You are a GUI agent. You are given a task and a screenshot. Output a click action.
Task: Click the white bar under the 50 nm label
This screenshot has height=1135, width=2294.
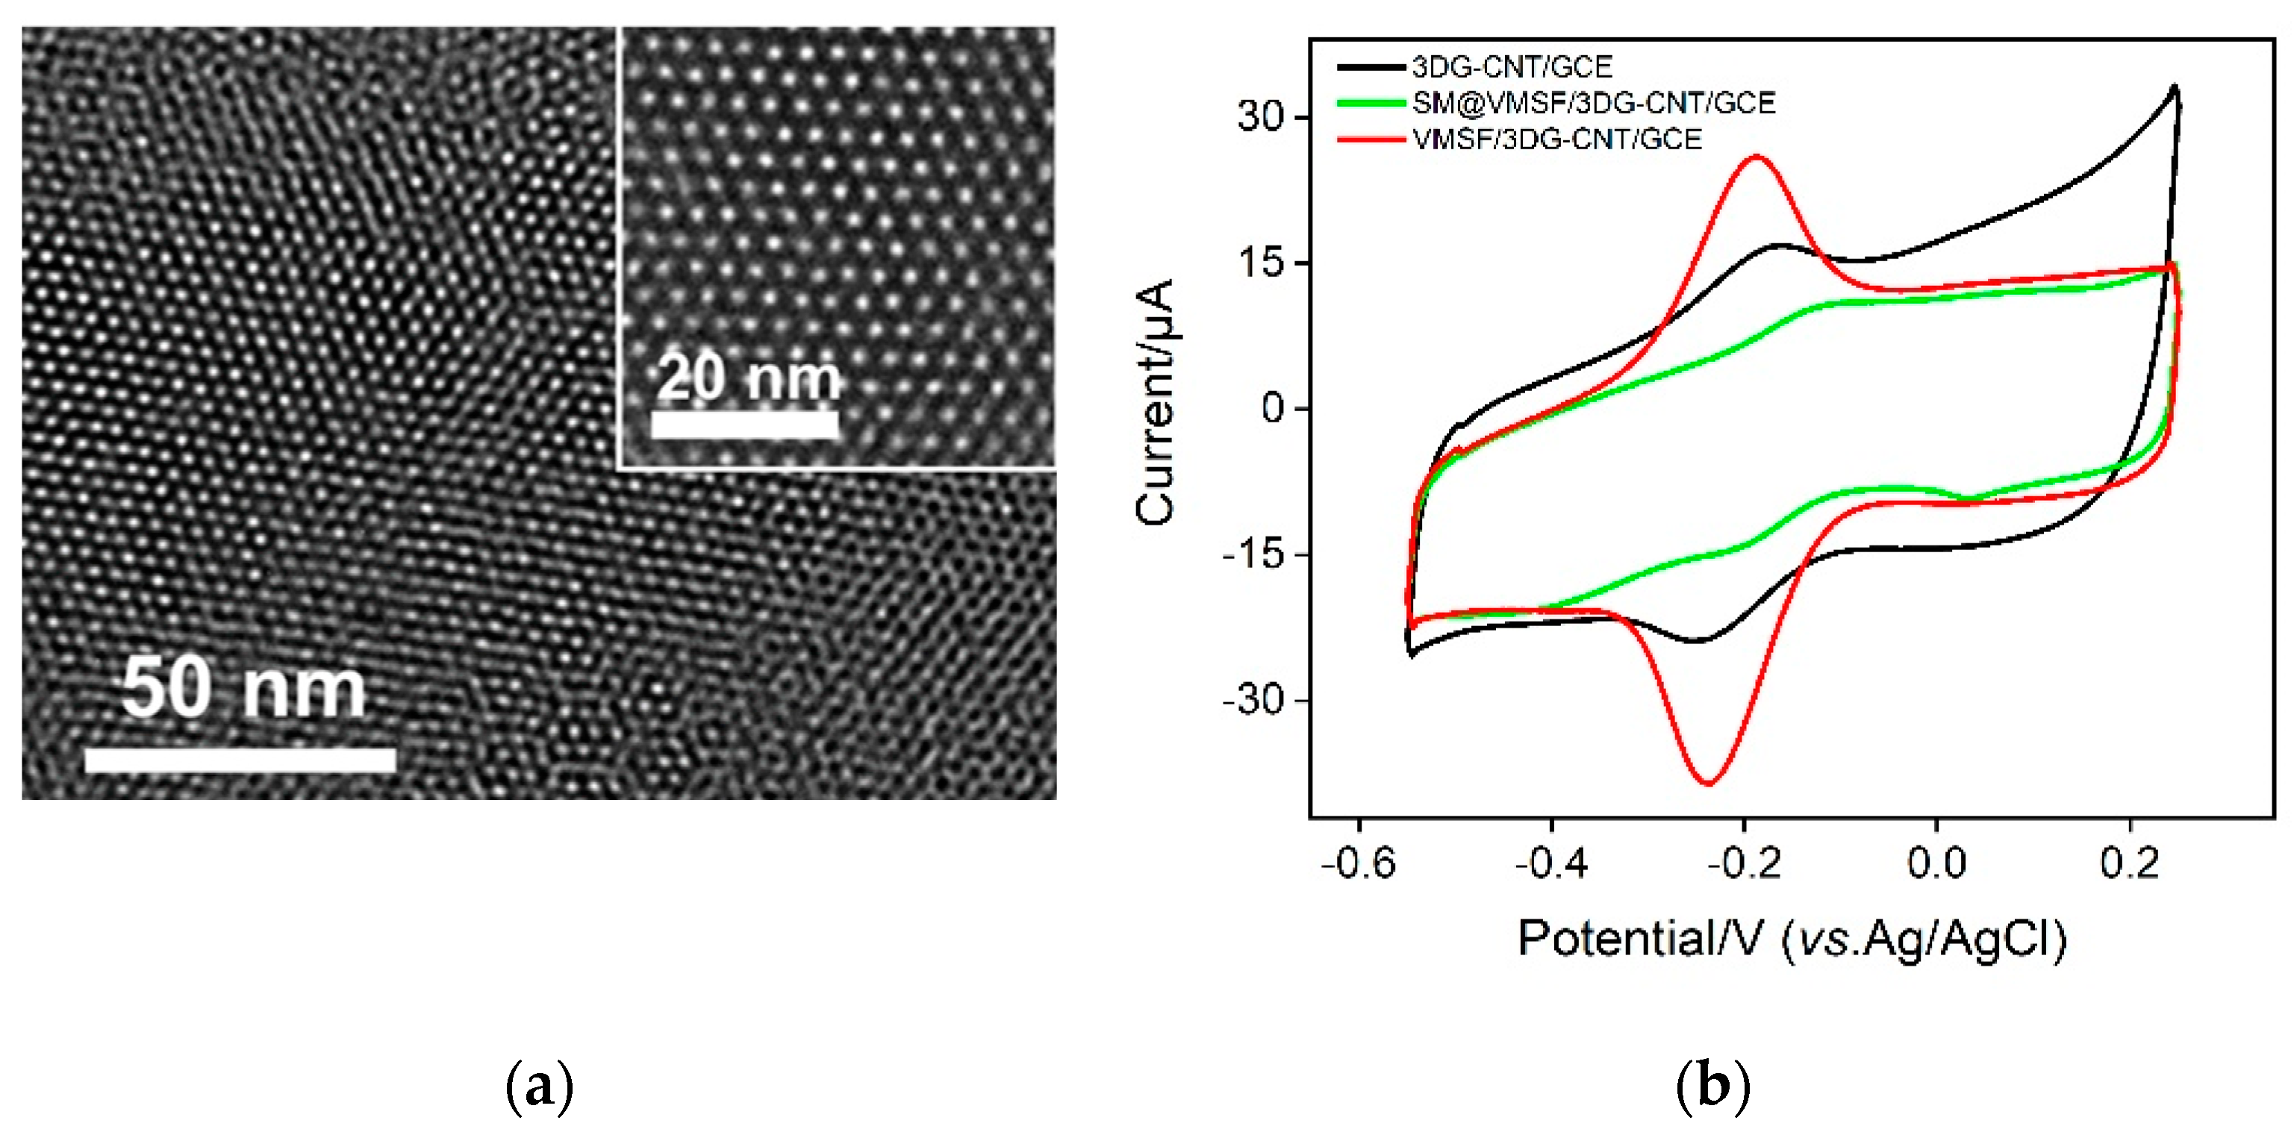(240, 760)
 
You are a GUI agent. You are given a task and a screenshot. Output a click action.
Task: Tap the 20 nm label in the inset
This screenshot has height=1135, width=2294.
(748, 378)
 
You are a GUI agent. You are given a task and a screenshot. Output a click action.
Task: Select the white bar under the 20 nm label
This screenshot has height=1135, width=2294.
(744, 425)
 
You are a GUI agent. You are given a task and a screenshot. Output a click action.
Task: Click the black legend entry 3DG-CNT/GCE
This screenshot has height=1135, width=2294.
(1511, 66)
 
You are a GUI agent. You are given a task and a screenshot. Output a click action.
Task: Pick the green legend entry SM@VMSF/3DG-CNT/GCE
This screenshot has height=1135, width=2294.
(1593, 103)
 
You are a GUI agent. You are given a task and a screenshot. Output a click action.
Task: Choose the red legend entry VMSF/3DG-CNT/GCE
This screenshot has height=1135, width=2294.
(1556, 140)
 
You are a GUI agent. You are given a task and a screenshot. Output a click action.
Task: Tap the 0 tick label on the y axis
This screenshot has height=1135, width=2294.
(1274, 409)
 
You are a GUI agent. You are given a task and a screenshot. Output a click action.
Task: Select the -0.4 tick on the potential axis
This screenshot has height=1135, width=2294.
(1551, 863)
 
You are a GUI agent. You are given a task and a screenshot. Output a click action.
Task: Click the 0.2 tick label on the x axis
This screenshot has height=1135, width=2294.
(2129, 863)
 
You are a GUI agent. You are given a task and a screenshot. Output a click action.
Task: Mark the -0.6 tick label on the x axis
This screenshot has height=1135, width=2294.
(1358, 863)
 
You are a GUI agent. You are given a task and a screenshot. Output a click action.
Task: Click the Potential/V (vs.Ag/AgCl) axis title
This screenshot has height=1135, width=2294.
(1791, 939)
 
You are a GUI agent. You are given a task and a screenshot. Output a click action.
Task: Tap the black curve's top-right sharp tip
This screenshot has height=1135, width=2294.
(2175, 87)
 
